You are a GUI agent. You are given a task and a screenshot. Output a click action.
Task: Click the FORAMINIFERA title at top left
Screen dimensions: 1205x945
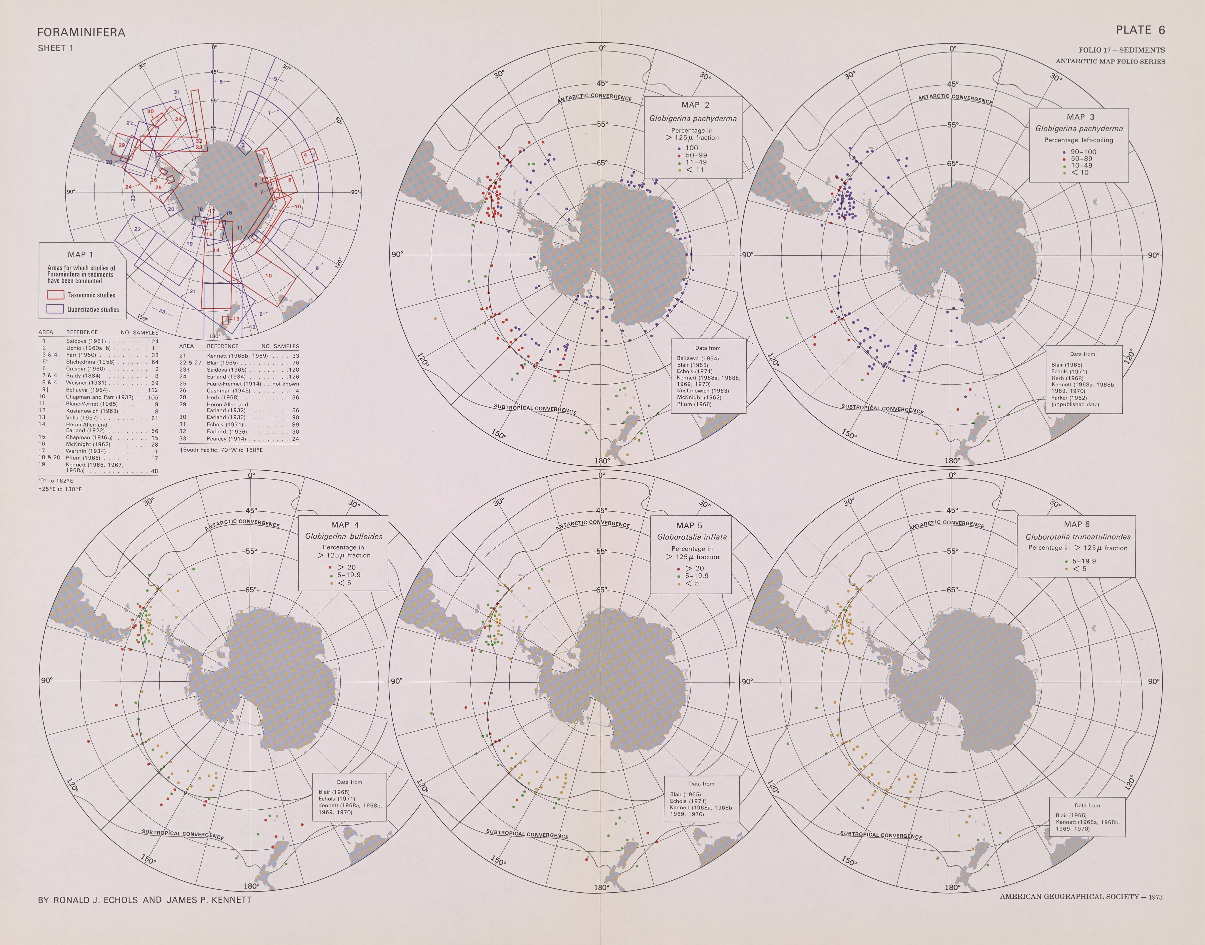[81, 33]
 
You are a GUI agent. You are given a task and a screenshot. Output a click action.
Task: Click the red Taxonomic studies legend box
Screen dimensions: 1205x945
[55, 295]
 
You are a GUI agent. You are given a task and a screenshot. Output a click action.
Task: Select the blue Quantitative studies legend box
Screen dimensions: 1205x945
[55, 309]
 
